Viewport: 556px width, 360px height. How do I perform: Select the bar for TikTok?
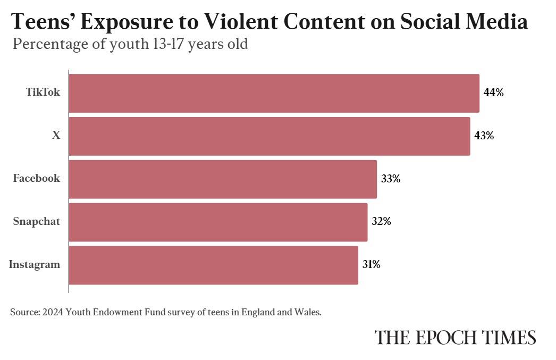click(x=274, y=93)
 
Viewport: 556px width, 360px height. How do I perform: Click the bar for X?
click(x=269, y=136)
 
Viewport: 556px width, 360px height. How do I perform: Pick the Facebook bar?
click(x=223, y=179)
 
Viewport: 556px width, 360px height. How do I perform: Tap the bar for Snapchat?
click(x=218, y=222)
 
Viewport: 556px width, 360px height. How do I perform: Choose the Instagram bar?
click(x=213, y=265)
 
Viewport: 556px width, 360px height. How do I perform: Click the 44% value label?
click(x=493, y=93)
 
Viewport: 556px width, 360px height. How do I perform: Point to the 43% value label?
click(x=484, y=136)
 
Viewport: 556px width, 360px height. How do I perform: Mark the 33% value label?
click(x=390, y=179)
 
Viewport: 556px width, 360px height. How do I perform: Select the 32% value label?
click(x=381, y=221)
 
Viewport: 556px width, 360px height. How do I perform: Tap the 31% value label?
click(x=372, y=264)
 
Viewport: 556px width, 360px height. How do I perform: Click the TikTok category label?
click(x=43, y=93)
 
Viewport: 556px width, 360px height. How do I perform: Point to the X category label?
click(x=56, y=136)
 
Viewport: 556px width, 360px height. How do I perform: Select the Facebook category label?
click(x=37, y=179)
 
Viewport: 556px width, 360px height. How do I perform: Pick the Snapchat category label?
click(x=37, y=222)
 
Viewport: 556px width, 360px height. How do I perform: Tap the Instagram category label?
click(x=35, y=264)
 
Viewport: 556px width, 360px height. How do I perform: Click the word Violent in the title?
click(x=238, y=21)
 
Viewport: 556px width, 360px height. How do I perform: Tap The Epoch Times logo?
click(x=455, y=338)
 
